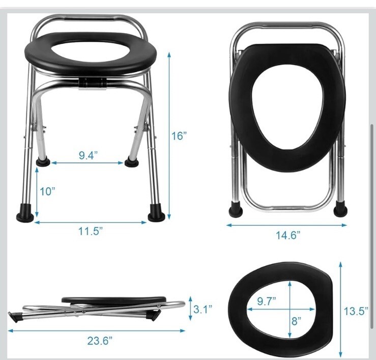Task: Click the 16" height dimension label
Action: pos(179,136)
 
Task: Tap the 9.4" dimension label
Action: pos(88,155)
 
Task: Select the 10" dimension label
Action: pos(47,191)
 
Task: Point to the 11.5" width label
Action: pos(91,231)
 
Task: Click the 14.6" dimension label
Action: pos(288,235)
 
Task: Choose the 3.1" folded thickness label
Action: pos(203,309)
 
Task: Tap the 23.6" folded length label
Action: pos(100,341)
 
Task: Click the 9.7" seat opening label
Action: pos(267,301)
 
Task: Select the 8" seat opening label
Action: pos(297,321)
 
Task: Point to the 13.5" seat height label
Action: pos(356,311)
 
